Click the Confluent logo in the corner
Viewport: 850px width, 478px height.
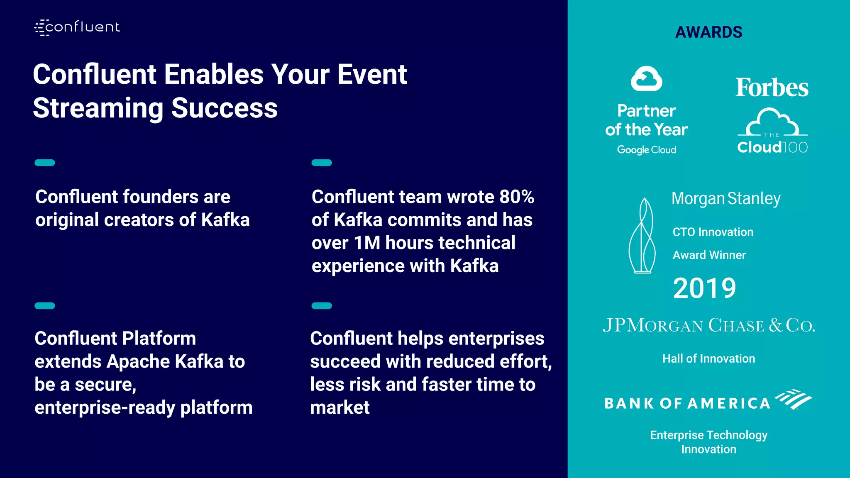click(77, 27)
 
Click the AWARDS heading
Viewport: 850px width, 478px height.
click(708, 32)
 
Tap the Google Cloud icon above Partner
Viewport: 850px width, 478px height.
click(646, 78)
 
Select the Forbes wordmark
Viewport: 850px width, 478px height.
click(772, 88)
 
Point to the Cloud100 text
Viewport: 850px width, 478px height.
click(772, 147)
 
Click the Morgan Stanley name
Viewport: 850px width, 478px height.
click(726, 199)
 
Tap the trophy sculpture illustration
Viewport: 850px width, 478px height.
click(642, 236)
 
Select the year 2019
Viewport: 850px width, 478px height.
click(704, 288)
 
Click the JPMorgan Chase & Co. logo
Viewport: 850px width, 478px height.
click(708, 325)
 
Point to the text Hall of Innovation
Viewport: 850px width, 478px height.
click(708, 358)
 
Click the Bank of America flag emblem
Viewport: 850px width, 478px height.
click(794, 399)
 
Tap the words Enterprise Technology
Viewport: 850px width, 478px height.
click(708, 435)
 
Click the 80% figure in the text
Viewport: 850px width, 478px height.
click(516, 197)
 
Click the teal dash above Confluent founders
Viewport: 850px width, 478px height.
click(45, 163)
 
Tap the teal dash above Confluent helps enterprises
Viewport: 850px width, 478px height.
click(322, 306)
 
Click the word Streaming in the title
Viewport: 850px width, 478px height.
click(98, 108)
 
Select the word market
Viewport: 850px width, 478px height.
click(340, 407)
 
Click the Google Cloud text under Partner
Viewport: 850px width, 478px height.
click(646, 150)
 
